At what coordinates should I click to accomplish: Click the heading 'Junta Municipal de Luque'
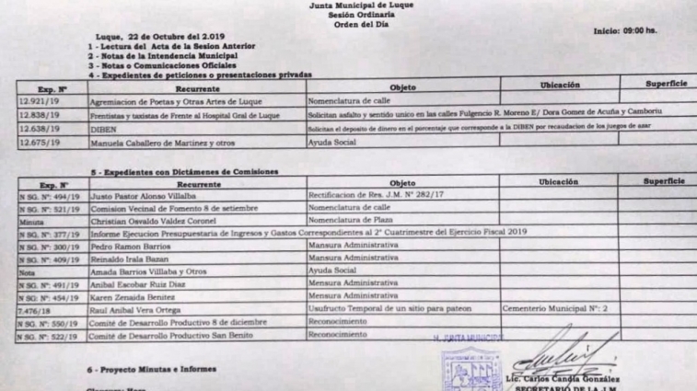click(349, 5)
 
